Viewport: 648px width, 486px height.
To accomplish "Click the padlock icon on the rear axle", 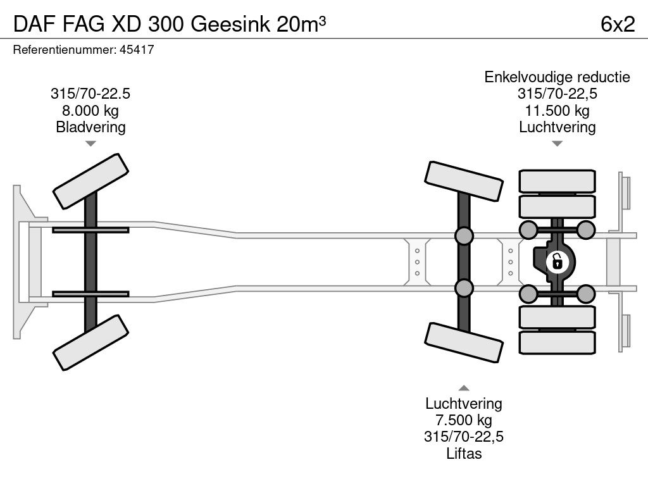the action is pyautogui.click(x=557, y=261).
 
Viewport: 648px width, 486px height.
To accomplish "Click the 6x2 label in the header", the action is pyautogui.click(x=618, y=24).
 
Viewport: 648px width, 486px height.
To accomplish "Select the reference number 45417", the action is pyautogui.click(x=137, y=49).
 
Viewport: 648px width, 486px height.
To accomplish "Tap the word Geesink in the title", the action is pyautogui.click(x=231, y=24).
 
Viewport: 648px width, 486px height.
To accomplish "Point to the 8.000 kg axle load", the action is pyautogui.click(x=90, y=110).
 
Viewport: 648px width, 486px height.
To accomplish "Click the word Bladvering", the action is pyautogui.click(x=90, y=127).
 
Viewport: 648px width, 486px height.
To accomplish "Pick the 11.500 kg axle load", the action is pyautogui.click(x=557, y=110).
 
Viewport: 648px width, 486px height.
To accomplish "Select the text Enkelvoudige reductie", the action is pyautogui.click(x=557, y=77).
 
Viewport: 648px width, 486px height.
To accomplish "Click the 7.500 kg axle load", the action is pyautogui.click(x=464, y=420).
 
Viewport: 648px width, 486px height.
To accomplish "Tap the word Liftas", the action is pyautogui.click(x=464, y=453).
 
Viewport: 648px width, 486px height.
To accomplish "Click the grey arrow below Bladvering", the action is pyautogui.click(x=90, y=144).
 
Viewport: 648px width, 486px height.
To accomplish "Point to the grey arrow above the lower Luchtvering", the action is pyautogui.click(x=464, y=388).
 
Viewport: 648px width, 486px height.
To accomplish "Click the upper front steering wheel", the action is pyautogui.click(x=90, y=181).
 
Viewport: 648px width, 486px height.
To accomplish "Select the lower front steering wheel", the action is pyautogui.click(x=90, y=342).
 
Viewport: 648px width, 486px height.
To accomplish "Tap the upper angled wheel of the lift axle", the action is pyautogui.click(x=464, y=181).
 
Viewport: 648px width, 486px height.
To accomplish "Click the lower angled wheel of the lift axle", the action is pyautogui.click(x=464, y=342).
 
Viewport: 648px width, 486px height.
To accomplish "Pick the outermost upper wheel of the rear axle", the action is pyautogui.click(x=557, y=180).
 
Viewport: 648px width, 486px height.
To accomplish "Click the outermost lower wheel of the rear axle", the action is pyautogui.click(x=557, y=342).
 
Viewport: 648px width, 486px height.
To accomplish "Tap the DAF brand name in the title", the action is pyautogui.click(x=35, y=24).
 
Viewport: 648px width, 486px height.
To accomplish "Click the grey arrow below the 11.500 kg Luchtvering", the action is pyautogui.click(x=557, y=144).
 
